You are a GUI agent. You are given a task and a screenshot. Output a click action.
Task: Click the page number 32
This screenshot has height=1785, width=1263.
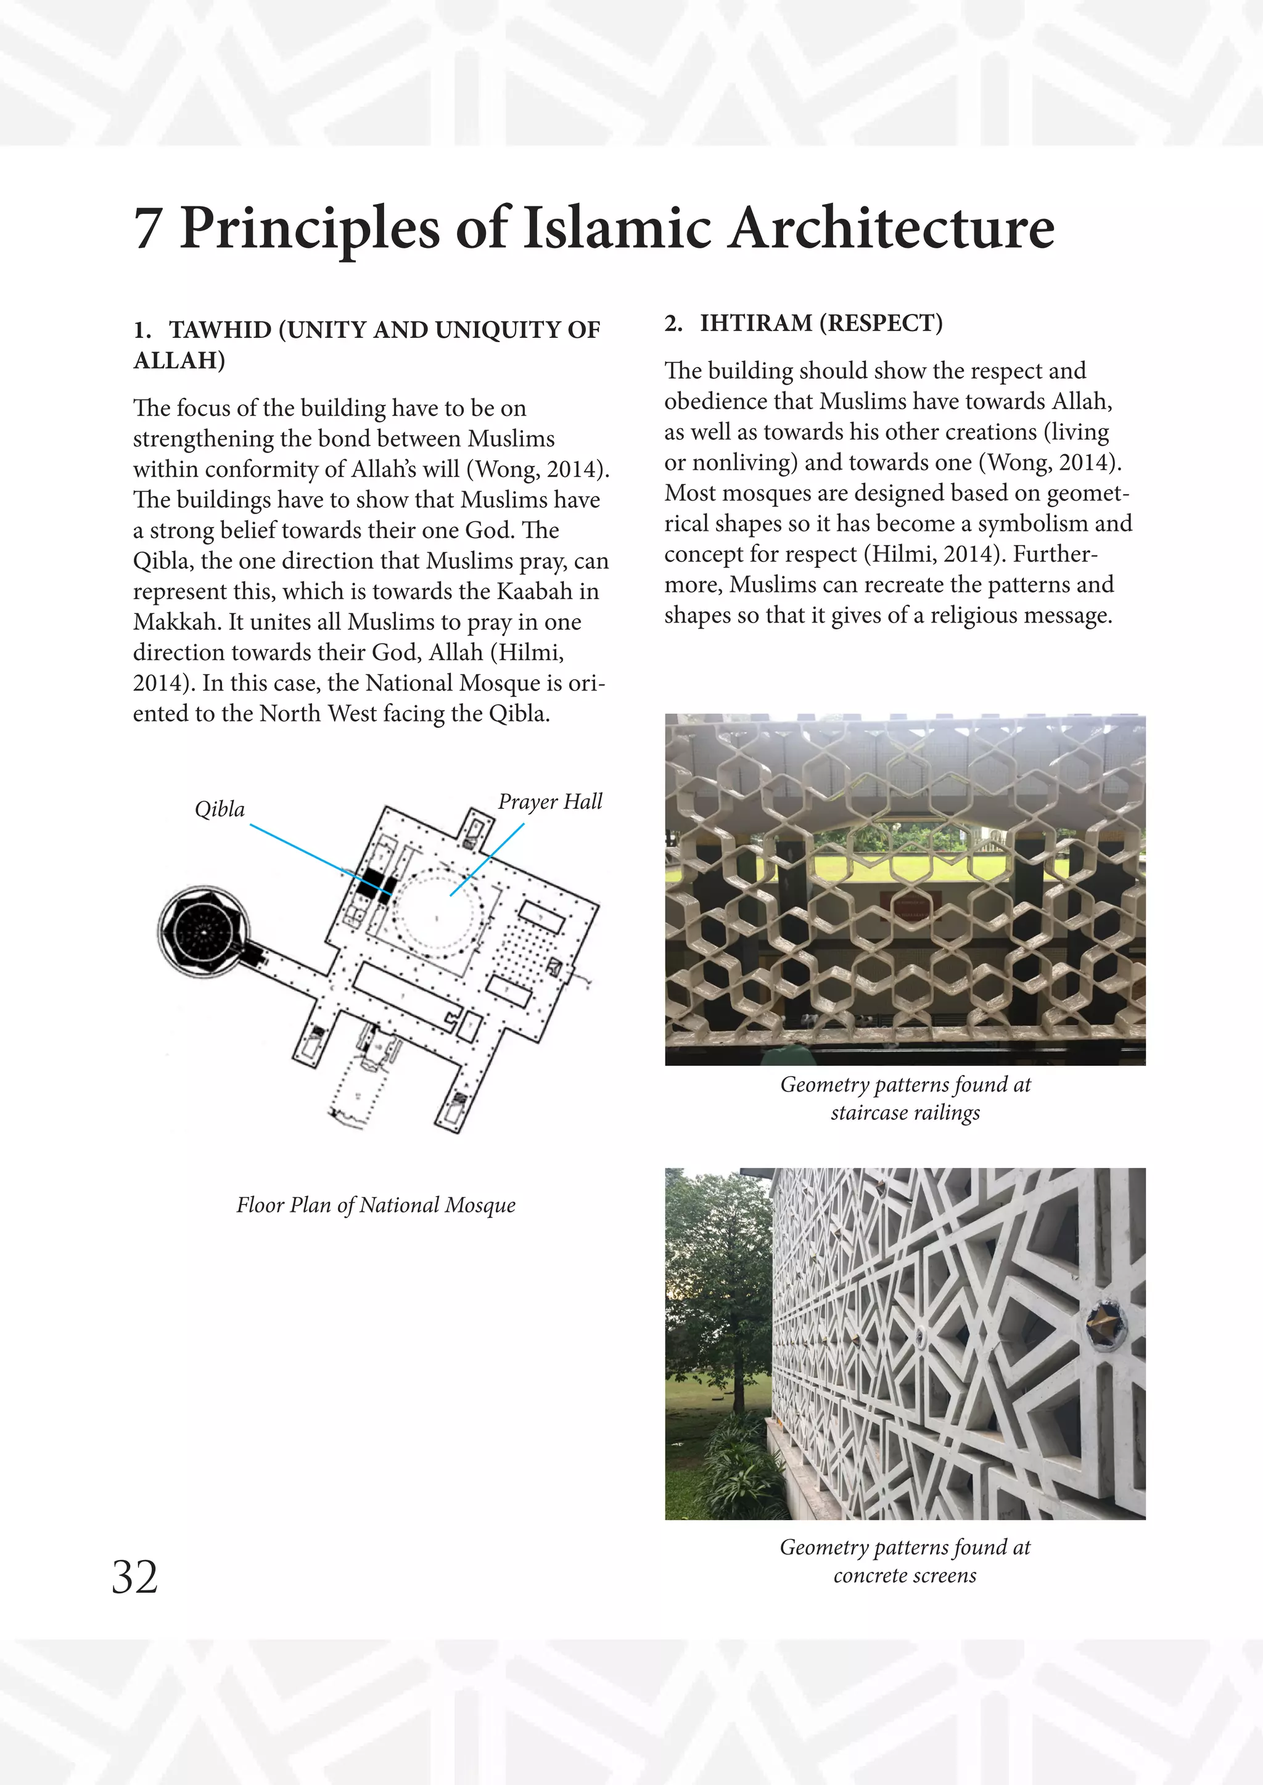coord(134,1577)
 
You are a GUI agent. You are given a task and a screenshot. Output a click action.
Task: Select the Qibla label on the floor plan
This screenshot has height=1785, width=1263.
coord(220,809)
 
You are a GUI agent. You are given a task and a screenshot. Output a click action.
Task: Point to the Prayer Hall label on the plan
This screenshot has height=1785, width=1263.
coord(550,801)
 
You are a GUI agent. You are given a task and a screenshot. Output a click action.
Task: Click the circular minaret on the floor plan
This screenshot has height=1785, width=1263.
coord(203,929)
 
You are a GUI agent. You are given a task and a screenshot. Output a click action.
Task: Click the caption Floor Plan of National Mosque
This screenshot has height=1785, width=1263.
coord(376,1205)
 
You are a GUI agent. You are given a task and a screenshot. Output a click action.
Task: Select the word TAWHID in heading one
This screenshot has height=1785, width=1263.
coord(220,330)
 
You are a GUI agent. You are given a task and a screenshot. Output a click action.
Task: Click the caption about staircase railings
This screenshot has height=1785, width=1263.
coord(905,1098)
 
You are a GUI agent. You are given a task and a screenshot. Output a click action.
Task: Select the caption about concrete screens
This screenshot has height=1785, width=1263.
coord(905,1561)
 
